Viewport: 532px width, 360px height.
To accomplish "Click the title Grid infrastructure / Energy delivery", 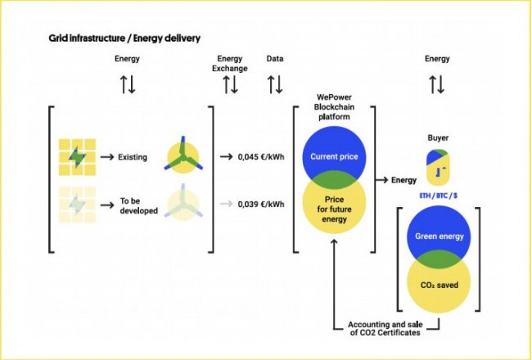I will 125,38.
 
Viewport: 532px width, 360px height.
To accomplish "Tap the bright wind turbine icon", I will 183,156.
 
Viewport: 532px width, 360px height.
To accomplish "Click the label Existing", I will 131,156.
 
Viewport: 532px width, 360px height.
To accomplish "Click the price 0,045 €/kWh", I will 259,156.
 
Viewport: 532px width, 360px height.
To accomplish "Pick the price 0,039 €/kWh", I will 259,205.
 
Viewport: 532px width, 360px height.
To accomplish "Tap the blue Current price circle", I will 334,151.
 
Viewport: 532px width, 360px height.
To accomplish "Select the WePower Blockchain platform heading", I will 334,106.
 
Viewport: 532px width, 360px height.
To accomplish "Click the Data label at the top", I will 275,59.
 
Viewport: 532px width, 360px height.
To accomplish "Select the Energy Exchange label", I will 230,63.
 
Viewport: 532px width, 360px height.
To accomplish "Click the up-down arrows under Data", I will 275,83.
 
